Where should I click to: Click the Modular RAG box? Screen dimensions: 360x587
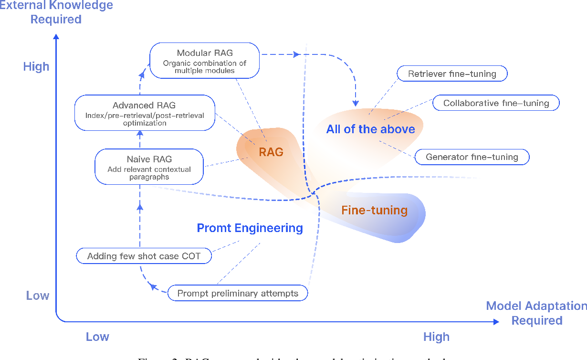[205, 61]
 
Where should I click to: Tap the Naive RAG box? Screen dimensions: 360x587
[149, 167]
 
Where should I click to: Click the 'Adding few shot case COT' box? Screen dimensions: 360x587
[144, 256]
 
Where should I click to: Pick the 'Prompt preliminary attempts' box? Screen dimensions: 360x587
[238, 293]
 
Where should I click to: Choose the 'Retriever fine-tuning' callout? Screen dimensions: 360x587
[452, 74]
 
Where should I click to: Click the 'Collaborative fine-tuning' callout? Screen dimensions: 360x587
[496, 103]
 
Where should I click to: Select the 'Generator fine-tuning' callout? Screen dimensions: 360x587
[472, 157]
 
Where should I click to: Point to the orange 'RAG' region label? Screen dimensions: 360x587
[271, 152]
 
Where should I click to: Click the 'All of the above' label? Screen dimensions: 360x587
[370, 129]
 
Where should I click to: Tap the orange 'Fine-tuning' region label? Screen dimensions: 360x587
[374, 210]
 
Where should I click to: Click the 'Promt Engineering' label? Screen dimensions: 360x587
[250, 228]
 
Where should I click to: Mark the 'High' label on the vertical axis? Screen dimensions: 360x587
[36, 66]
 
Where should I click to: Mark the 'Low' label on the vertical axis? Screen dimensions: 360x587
[38, 296]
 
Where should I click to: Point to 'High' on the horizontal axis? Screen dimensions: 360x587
[436, 337]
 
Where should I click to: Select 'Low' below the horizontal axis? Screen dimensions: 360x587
[97, 337]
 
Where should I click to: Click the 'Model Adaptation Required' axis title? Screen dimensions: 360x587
[536, 313]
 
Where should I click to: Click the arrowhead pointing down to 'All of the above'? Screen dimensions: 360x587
[355, 102]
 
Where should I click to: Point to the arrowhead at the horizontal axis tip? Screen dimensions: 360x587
[496, 322]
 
